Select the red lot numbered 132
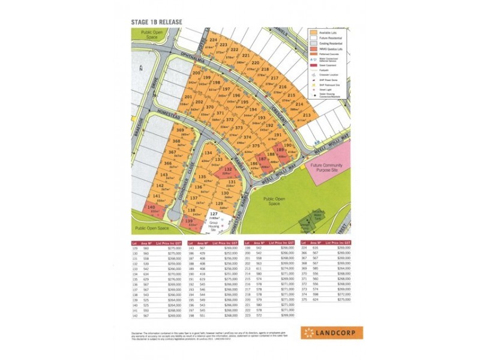tap(227, 170)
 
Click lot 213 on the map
tap(307, 115)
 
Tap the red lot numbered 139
tap(189, 221)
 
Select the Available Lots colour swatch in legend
tap(313, 32)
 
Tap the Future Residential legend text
tap(331, 38)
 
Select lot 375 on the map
tap(256, 145)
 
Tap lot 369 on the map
tap(179, 131)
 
